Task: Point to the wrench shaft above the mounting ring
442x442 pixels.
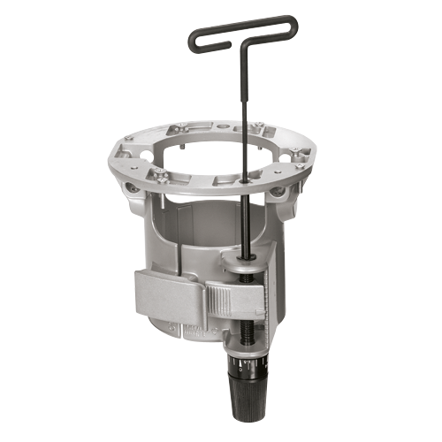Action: coord(241,97)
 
